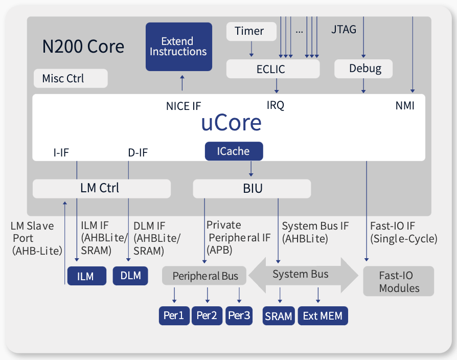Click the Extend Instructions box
(178, 47)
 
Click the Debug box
(364, 69)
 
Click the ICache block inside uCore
(234, 151)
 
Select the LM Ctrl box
(101, 188)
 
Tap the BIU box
(252, 188)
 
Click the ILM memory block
(85, 276)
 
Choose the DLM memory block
(130, 276)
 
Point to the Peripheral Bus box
(204, 276)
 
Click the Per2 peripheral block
(207, 316)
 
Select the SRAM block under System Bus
(279, 316)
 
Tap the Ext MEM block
(323, 316)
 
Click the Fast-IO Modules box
(399, 281)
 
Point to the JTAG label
(344, 29)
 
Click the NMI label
(405, 106)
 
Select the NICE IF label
(184, 106)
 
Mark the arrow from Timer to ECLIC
(251, 49)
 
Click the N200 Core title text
(83, 47)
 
